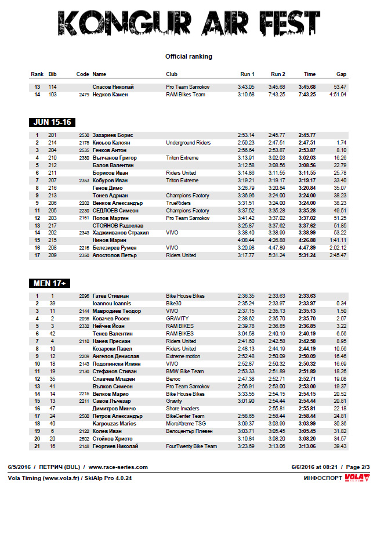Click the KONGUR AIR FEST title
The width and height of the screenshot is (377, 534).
[x=188, y=24]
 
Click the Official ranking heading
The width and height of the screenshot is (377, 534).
[x=188, y=56]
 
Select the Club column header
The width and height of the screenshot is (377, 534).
[x=172, y=74]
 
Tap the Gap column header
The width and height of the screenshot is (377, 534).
[x=341, y=74]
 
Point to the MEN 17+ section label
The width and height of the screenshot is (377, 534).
[x=49, y=283]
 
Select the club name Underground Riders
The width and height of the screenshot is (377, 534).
[x=188, y=142]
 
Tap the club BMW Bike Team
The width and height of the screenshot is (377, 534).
[x=185, y=371]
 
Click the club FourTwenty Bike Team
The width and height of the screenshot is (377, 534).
[x=191, y=446]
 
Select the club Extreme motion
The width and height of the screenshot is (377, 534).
[x=183, y=356]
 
